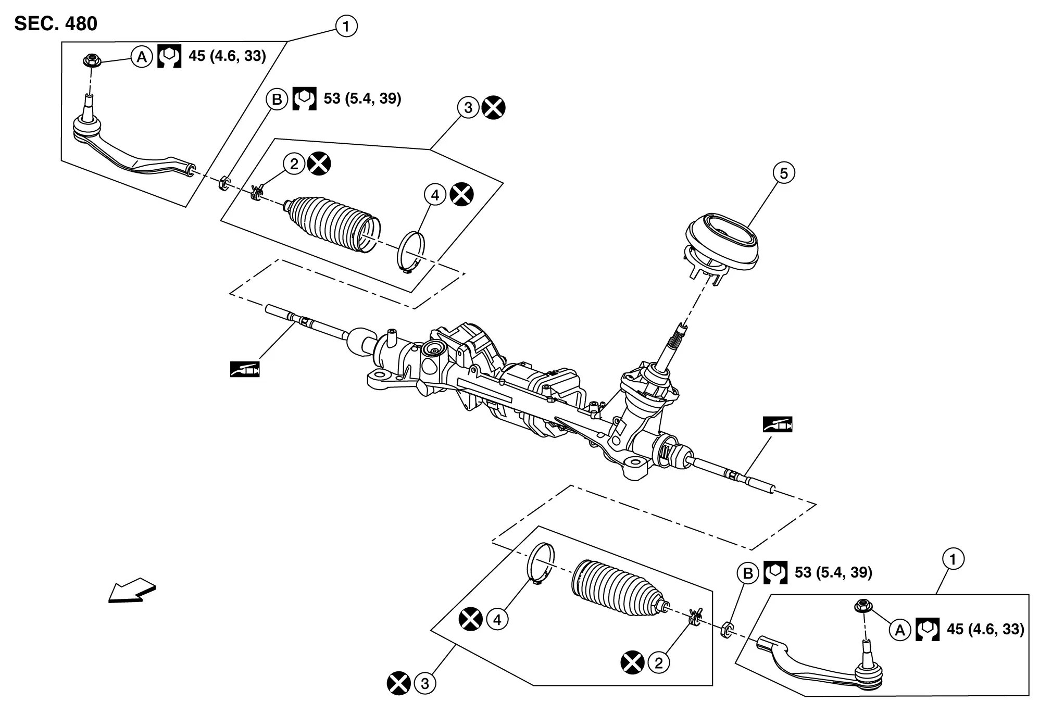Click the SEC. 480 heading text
pos(56,24)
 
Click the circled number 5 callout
pos(784,173)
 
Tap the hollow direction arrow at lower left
pos(132,591)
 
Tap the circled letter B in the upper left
pos(277,99)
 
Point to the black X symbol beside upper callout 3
pos(493,108)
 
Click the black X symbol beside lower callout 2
pos(632,663)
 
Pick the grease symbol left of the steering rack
pos(245,369)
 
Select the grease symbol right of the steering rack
pos(778,424)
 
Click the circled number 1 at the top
pos(346,26)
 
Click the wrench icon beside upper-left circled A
pos(169,56)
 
